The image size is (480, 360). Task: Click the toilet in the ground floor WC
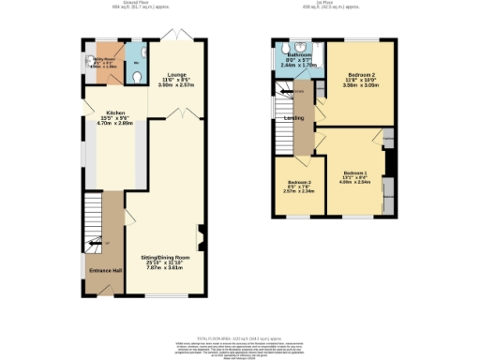point(137,65)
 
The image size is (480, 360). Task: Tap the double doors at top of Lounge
point(176,36)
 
